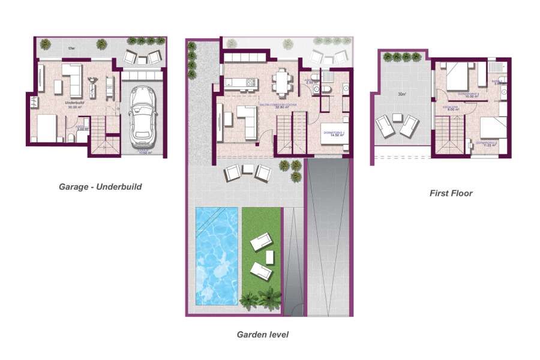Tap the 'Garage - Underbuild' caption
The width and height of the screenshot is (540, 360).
pyautogui.click(x=100, y=187)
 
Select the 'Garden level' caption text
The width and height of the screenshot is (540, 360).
pyautogui.click(x=262, y=335)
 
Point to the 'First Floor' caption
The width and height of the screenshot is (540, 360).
pyautogui.click(x=451, y=193)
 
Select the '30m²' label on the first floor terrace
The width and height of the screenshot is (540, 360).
pyautogui.click(x=400, y=94)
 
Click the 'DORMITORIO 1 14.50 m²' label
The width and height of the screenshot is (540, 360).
pyautogui.click(x=333, y=133)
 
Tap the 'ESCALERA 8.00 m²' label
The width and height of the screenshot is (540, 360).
pyautogui.click(x=451, y=109)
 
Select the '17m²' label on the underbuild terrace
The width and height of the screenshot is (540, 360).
pyautogui.click(x=71, y=48)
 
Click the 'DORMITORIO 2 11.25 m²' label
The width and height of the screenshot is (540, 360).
pyautogui.click(x=487, y=144)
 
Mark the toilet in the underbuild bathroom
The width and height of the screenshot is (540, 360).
pyautogui.click(x=71, y=139)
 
